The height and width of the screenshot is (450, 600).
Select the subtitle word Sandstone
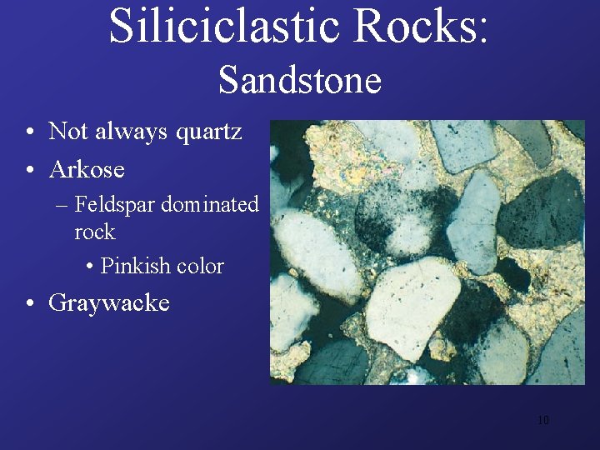click(300, 81)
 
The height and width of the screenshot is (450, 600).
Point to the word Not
click(67, 131)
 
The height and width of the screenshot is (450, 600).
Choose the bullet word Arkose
click(87, 169)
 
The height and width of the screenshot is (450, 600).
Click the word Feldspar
click(114, 204)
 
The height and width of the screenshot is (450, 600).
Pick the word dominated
click(209, 204)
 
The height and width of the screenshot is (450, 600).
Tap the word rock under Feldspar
click(94, 231)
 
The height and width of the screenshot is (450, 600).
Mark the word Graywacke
click(109, 302)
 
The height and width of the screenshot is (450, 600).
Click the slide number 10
click(542, 420)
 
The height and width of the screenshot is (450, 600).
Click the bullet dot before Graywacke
click(29, 302)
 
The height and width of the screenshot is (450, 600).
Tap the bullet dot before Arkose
click(29, 170)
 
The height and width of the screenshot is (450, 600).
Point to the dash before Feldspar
click(63, 205)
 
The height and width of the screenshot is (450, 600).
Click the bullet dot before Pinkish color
click(90, 267)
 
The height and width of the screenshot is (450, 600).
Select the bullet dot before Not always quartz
click(29, 132)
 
